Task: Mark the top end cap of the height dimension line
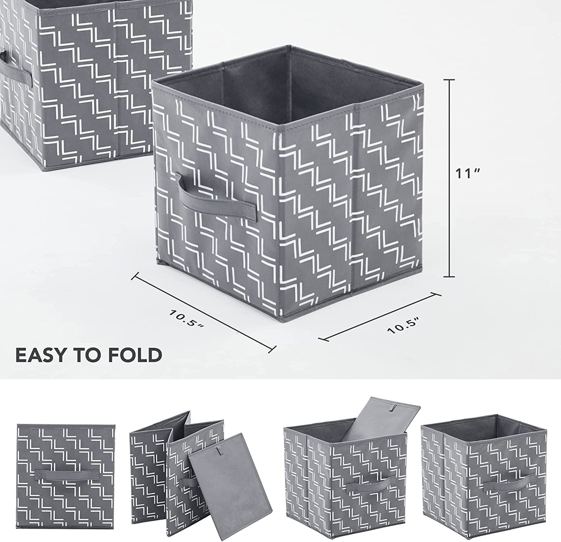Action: (x=449, y=79)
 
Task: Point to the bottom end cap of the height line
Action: (x=449, y=277)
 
